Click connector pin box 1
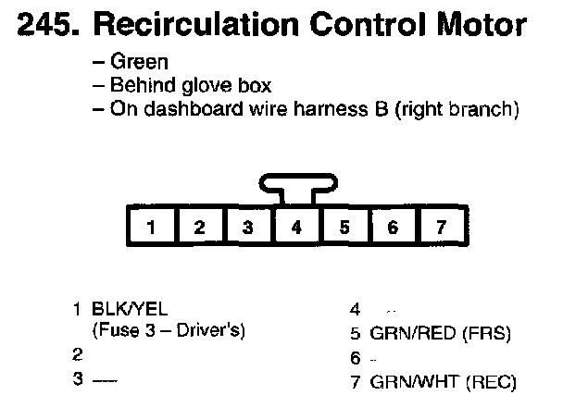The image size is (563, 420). tap(149, 226)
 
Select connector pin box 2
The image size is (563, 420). tap(198, 226)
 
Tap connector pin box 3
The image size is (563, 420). tap(247, 226)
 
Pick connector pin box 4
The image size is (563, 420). tap(295, 226)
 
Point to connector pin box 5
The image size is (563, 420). tap(344, 226)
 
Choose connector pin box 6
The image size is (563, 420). tap(392, 226)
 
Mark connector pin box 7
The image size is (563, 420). tap(440, 226)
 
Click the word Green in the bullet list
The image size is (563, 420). tap(139, 63)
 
